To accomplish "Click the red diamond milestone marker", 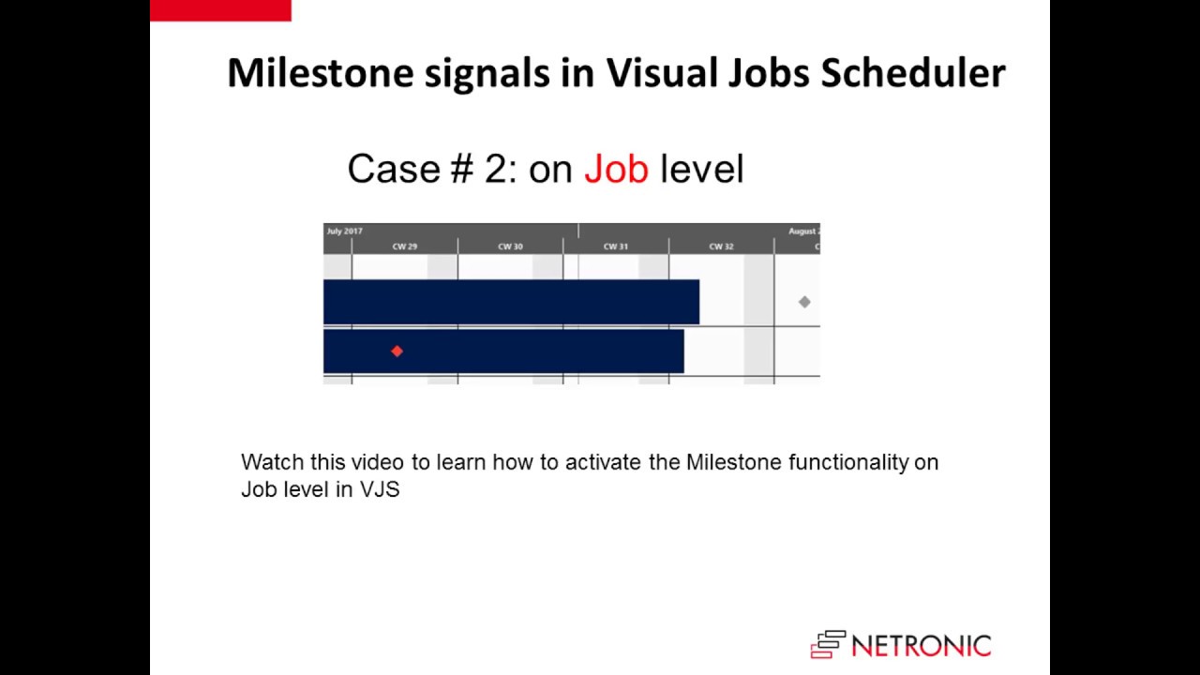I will pos(397,352).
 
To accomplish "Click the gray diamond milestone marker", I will pos(804,302).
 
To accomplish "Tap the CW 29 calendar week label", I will pos(405,247).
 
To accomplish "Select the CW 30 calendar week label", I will pos(510,247).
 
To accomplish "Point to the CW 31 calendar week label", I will pos(616,247).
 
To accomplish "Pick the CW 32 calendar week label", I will pos(721,247).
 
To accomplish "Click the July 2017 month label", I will pos(345,231).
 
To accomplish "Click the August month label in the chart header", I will pos(803,231).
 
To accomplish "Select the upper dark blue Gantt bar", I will pos(511,302).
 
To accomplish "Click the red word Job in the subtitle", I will pos(616,169).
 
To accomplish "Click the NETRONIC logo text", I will pos(921,646).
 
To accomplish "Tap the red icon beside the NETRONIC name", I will pos(828,645).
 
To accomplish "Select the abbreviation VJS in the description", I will pos(380,489).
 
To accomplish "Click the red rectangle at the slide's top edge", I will pos(220,10).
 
